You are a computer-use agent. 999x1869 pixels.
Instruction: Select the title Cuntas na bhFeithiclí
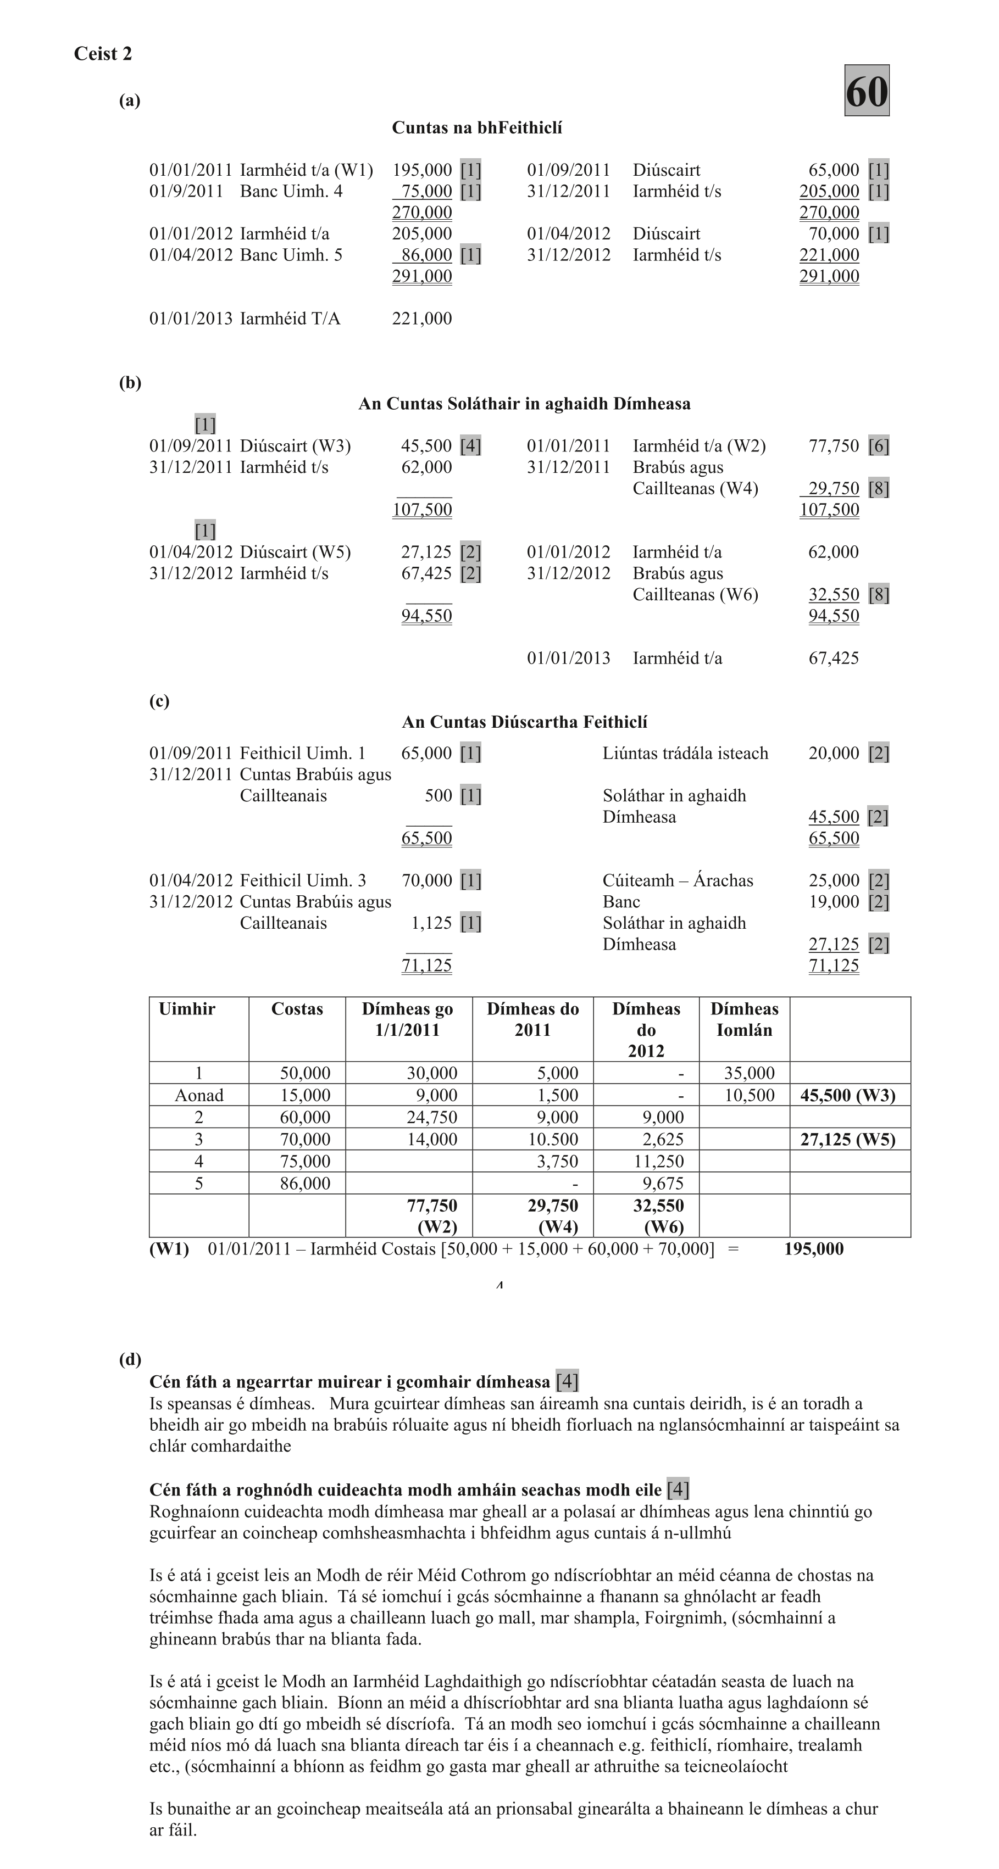click(477, 129)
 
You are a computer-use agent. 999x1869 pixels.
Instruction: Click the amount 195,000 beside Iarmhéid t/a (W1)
click(422, 170)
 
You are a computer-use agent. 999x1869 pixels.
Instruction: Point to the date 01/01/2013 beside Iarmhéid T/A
click(191, 319)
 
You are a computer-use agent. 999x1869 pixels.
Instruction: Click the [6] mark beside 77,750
click(879, 446)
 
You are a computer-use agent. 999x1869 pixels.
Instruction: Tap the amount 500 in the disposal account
click(438, 796)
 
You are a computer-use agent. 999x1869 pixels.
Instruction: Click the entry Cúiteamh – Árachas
click(678, 881)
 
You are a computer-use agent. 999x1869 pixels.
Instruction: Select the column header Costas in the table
click(296, 1009)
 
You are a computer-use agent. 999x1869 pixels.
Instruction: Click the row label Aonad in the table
click(198, 1096)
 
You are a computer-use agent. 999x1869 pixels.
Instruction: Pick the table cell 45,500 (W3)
click(847, 1096)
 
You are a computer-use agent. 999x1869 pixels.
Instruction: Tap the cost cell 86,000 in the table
click(305, 1184)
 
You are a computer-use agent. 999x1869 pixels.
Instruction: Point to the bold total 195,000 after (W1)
click(813, 1249)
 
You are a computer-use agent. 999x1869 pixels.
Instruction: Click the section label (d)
click(130, 1360)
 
